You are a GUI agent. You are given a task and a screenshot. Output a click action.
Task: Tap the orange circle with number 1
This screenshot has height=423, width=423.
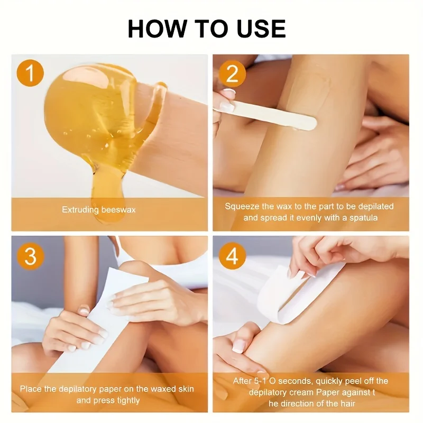(30, 73)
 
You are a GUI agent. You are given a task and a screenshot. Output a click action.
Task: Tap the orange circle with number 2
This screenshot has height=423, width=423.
(232, 73)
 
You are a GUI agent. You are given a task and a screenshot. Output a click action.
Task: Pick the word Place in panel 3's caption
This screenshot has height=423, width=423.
(31, 389)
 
